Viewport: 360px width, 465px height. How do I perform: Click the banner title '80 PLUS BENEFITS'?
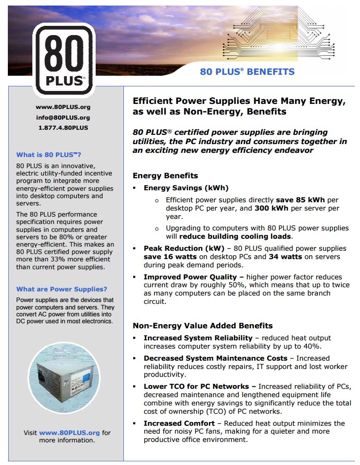247,72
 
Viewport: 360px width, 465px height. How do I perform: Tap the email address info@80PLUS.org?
63,117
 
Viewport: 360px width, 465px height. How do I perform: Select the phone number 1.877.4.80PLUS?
63,127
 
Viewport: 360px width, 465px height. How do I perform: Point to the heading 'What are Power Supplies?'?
61,289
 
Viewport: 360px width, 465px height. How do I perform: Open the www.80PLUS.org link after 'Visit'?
69,433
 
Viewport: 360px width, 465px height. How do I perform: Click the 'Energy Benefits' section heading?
165,175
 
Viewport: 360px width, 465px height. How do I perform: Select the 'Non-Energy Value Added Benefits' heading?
202,326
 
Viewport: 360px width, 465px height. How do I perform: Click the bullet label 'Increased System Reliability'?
198,338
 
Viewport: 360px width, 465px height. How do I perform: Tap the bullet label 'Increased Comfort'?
179,423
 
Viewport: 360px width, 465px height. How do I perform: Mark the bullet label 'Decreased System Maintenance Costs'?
215,358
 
